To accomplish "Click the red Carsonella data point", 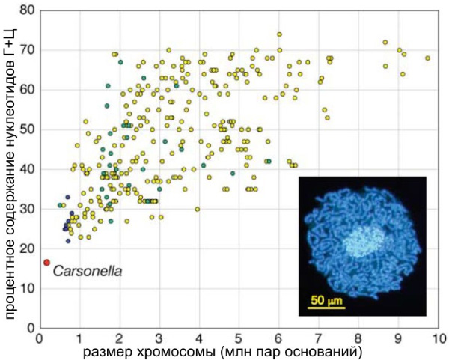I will (46, 263).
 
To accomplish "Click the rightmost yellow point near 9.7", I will (427, 58).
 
